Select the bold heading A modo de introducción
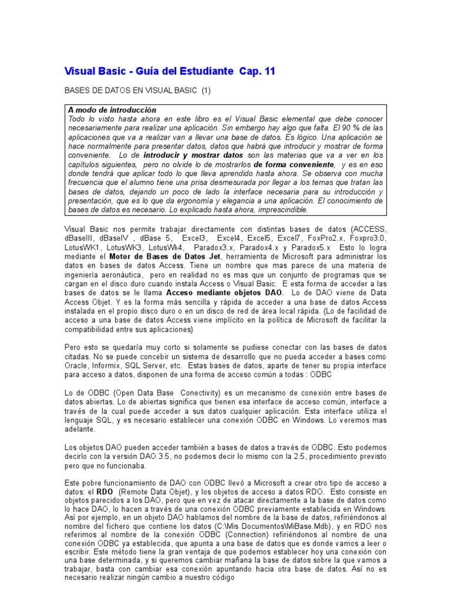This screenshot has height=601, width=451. point(112,110)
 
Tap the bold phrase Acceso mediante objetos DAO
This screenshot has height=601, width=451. point(224,292)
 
